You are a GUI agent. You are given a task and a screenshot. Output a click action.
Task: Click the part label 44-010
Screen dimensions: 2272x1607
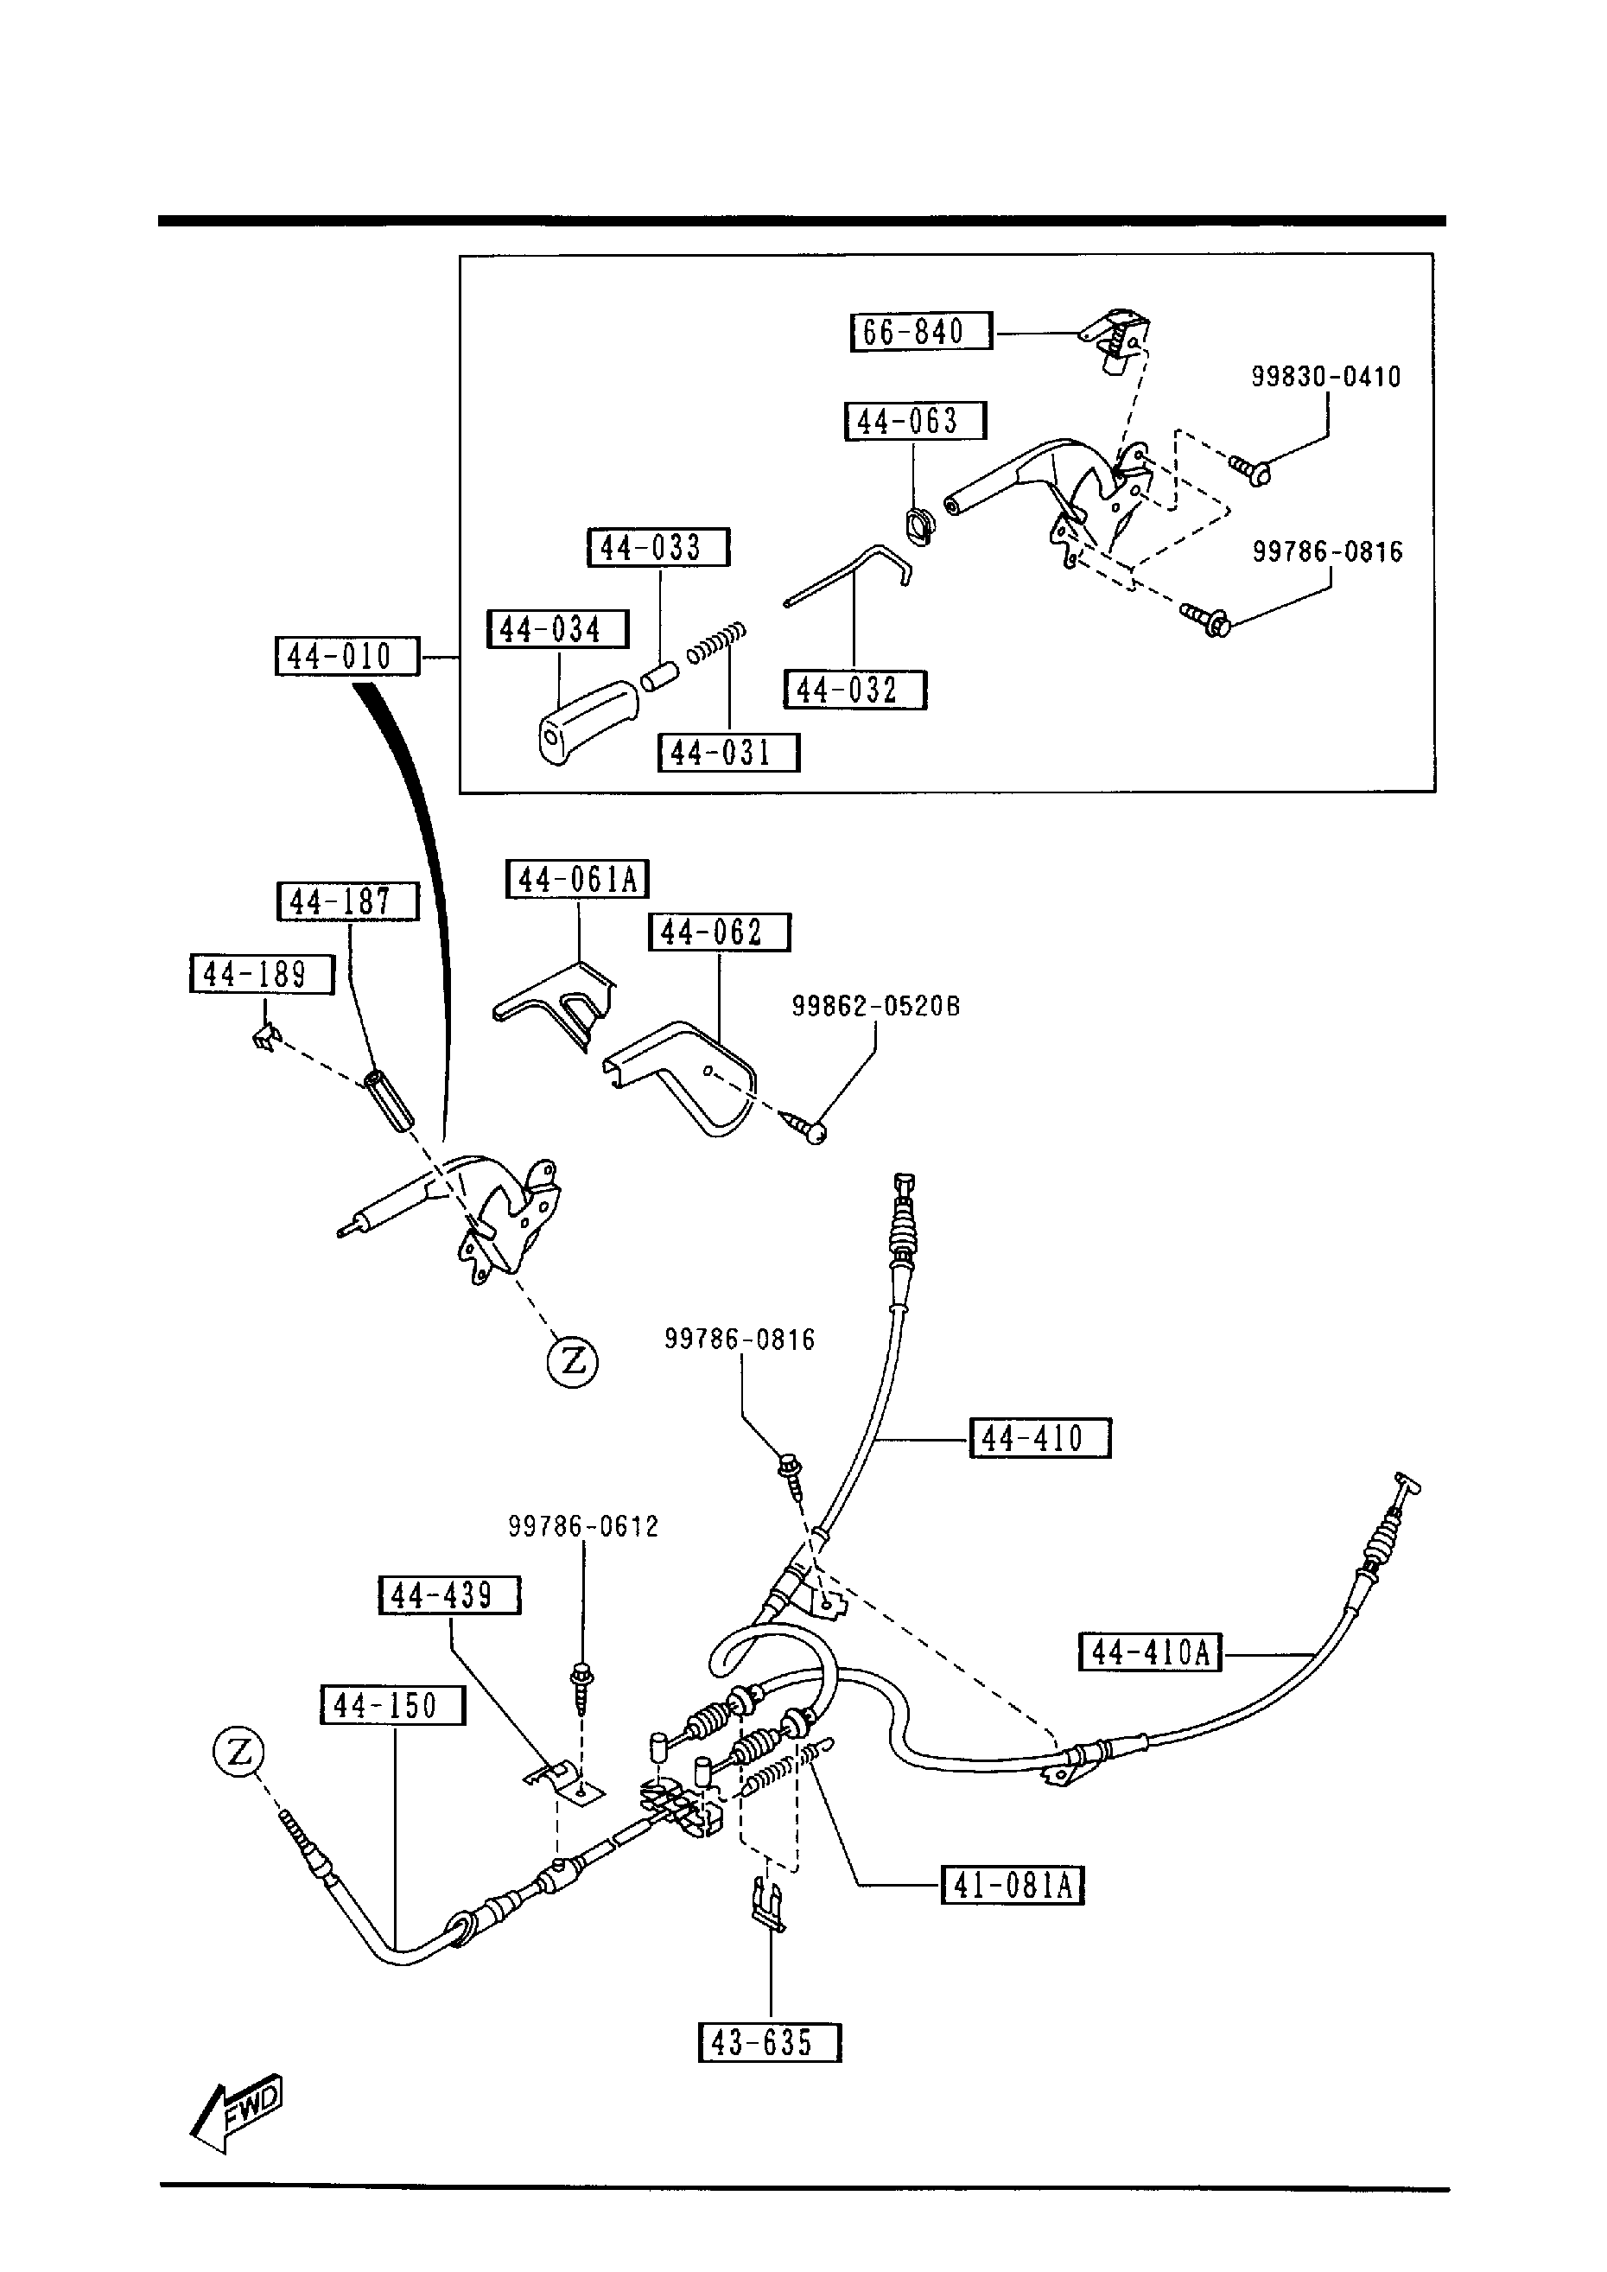point(346,657)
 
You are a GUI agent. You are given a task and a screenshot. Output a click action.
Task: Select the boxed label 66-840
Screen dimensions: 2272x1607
point(920,332)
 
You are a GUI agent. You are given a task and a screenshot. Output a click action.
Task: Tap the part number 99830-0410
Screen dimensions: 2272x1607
point(1326,377)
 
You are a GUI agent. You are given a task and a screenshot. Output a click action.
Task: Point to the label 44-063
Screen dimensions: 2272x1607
point(914,422)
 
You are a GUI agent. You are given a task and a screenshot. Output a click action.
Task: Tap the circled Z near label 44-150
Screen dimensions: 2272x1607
point(238,1753)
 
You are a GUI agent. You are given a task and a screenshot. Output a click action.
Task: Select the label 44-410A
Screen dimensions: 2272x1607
point(1150,1651)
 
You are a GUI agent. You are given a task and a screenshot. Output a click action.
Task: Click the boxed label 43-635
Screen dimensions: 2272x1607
point(769,2042)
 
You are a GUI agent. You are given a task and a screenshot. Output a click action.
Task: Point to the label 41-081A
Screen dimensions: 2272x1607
point(1012,1885)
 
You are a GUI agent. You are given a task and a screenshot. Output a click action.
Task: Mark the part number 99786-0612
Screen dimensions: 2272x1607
point(583,1526)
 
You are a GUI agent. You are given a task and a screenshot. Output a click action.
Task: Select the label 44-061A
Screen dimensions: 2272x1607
point(577,879)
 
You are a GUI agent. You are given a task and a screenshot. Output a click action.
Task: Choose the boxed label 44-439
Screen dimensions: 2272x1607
point(449,1595)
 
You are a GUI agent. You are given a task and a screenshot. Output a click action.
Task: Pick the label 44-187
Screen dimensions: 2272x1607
point(346,901)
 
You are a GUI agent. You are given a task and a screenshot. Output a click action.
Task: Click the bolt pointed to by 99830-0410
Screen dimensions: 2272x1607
point(1250,469)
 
